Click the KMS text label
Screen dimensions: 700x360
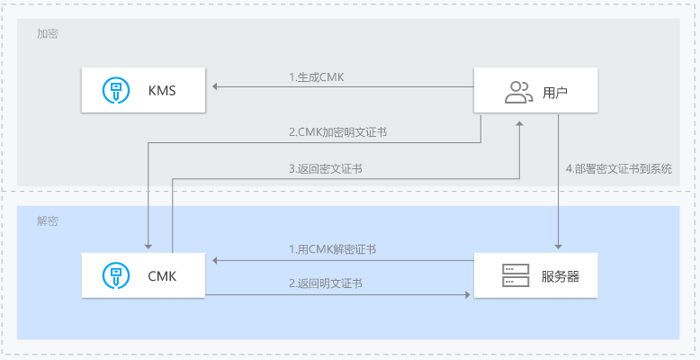pos(162,91)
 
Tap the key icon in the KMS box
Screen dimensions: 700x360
pos(116,90)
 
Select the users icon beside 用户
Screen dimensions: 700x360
pos(519,92)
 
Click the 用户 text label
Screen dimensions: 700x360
pos(555,93)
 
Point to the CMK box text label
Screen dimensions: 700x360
pos(162,276)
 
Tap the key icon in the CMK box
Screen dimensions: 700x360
pos(116,275)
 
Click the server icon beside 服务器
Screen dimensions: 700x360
pos(516,275)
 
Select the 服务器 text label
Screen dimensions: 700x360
pos(561,276)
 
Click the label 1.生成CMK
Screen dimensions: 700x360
pos(316,77)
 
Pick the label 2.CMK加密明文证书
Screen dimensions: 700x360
pos(337,132)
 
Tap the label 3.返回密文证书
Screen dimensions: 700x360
pos(325,169)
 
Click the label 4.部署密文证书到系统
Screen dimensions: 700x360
pos(619,169)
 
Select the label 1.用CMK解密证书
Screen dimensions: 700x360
pos(332,249)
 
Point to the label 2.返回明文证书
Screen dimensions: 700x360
pos(325,283)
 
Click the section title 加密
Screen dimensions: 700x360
pos(48,33)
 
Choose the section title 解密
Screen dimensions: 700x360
pos(48,220)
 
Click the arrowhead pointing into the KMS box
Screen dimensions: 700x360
pos(215,86)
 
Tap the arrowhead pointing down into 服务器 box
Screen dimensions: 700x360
pos(558,247)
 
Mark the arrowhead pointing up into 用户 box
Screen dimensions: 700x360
pos(519,123)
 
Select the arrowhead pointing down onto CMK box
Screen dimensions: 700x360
pos(148,247)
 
